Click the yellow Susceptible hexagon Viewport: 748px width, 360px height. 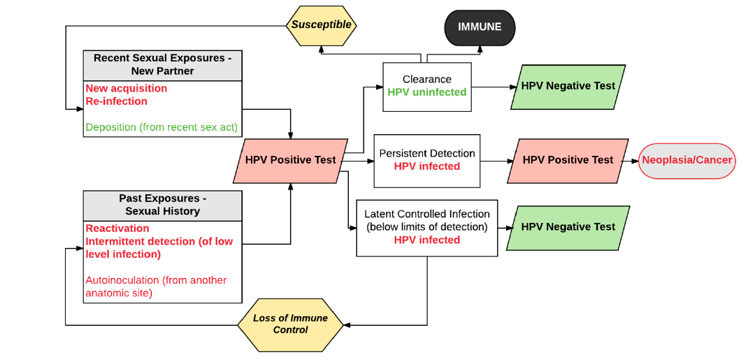(322, 25)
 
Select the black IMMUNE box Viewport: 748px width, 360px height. (480, 27)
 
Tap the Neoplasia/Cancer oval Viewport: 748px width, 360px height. (686, 160)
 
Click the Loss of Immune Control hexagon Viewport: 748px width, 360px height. (290, 324)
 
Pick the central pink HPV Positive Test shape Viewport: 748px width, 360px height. (290, 160)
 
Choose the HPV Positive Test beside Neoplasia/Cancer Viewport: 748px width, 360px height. (568, 160)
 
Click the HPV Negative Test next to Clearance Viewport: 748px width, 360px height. (568, 86)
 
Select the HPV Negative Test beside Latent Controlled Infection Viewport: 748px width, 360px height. (568, 227)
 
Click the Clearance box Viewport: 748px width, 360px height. (427, 86)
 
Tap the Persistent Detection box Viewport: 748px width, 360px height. (427, 160)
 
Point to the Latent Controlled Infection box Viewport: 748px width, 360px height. (427, 227)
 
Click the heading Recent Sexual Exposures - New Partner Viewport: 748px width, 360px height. (163, 64)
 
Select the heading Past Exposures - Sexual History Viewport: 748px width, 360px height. (163, 205)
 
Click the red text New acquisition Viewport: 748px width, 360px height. (127, 89)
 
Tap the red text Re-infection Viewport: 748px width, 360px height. (117, 101)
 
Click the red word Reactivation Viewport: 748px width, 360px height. (117, 229)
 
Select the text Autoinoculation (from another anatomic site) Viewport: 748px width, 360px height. (156, 287)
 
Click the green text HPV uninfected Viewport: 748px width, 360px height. (427, 92)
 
